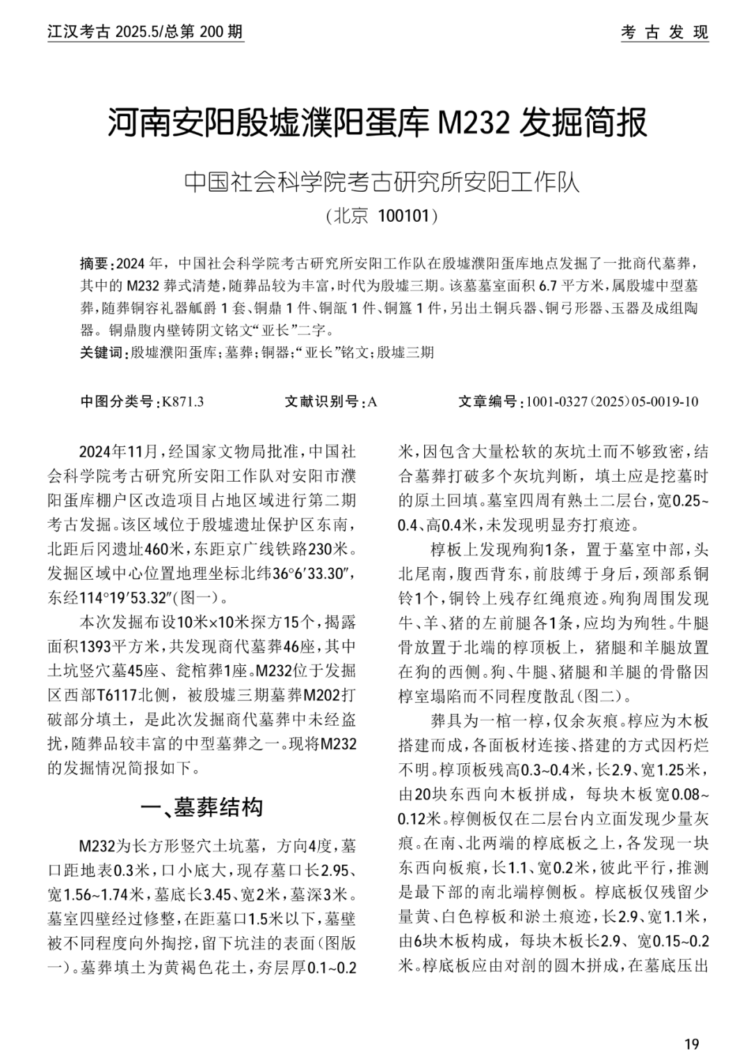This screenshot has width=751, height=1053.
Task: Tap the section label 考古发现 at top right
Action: coord(664,33)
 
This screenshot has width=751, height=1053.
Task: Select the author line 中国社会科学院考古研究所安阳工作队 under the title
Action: coord(382,182)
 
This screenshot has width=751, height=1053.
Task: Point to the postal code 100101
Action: coord(403,216)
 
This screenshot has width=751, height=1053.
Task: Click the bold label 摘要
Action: coord(95,264)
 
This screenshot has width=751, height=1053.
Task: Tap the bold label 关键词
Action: coord(100,352)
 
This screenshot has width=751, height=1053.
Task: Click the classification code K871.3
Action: coord(182,402)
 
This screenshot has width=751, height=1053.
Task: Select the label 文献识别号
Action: coord(321,402)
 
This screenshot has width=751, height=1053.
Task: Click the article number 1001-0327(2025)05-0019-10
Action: coord(612,402)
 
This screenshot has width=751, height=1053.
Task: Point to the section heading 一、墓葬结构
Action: coord(202,807)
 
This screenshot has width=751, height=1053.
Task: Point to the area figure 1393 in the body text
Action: coord(97,646)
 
